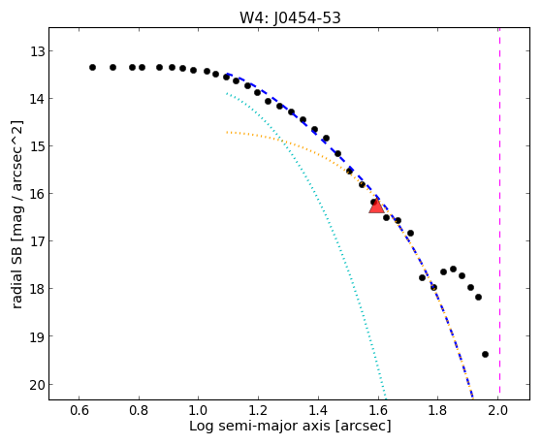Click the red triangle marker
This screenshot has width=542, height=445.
[376, 207]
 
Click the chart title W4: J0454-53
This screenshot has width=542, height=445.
[290, 17]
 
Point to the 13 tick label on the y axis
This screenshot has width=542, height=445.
[37, 51]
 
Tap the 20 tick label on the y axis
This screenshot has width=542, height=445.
[37, 385]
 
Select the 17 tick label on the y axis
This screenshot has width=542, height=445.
[37, 241]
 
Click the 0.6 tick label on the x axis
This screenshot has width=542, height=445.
[80, 410]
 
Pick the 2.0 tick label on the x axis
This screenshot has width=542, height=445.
[498, 410]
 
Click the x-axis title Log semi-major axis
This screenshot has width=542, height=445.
[260, 426]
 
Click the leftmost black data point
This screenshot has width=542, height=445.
[92, 67]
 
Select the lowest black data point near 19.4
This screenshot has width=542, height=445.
[485, 354]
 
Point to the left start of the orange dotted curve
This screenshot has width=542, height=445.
[227, 132]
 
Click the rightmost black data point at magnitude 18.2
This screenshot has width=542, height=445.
[478, 297]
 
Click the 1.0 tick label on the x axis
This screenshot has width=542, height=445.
[199, 410]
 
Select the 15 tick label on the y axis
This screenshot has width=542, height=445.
[37, 146]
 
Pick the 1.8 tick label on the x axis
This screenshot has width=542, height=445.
[438, 410]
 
